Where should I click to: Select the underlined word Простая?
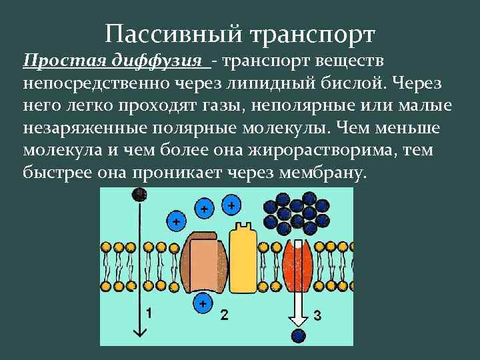coord(59,62)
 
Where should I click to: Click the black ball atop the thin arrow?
coord(139,194)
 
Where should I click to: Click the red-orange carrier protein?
coord(298,263)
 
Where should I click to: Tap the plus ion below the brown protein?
coord(201,305)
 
